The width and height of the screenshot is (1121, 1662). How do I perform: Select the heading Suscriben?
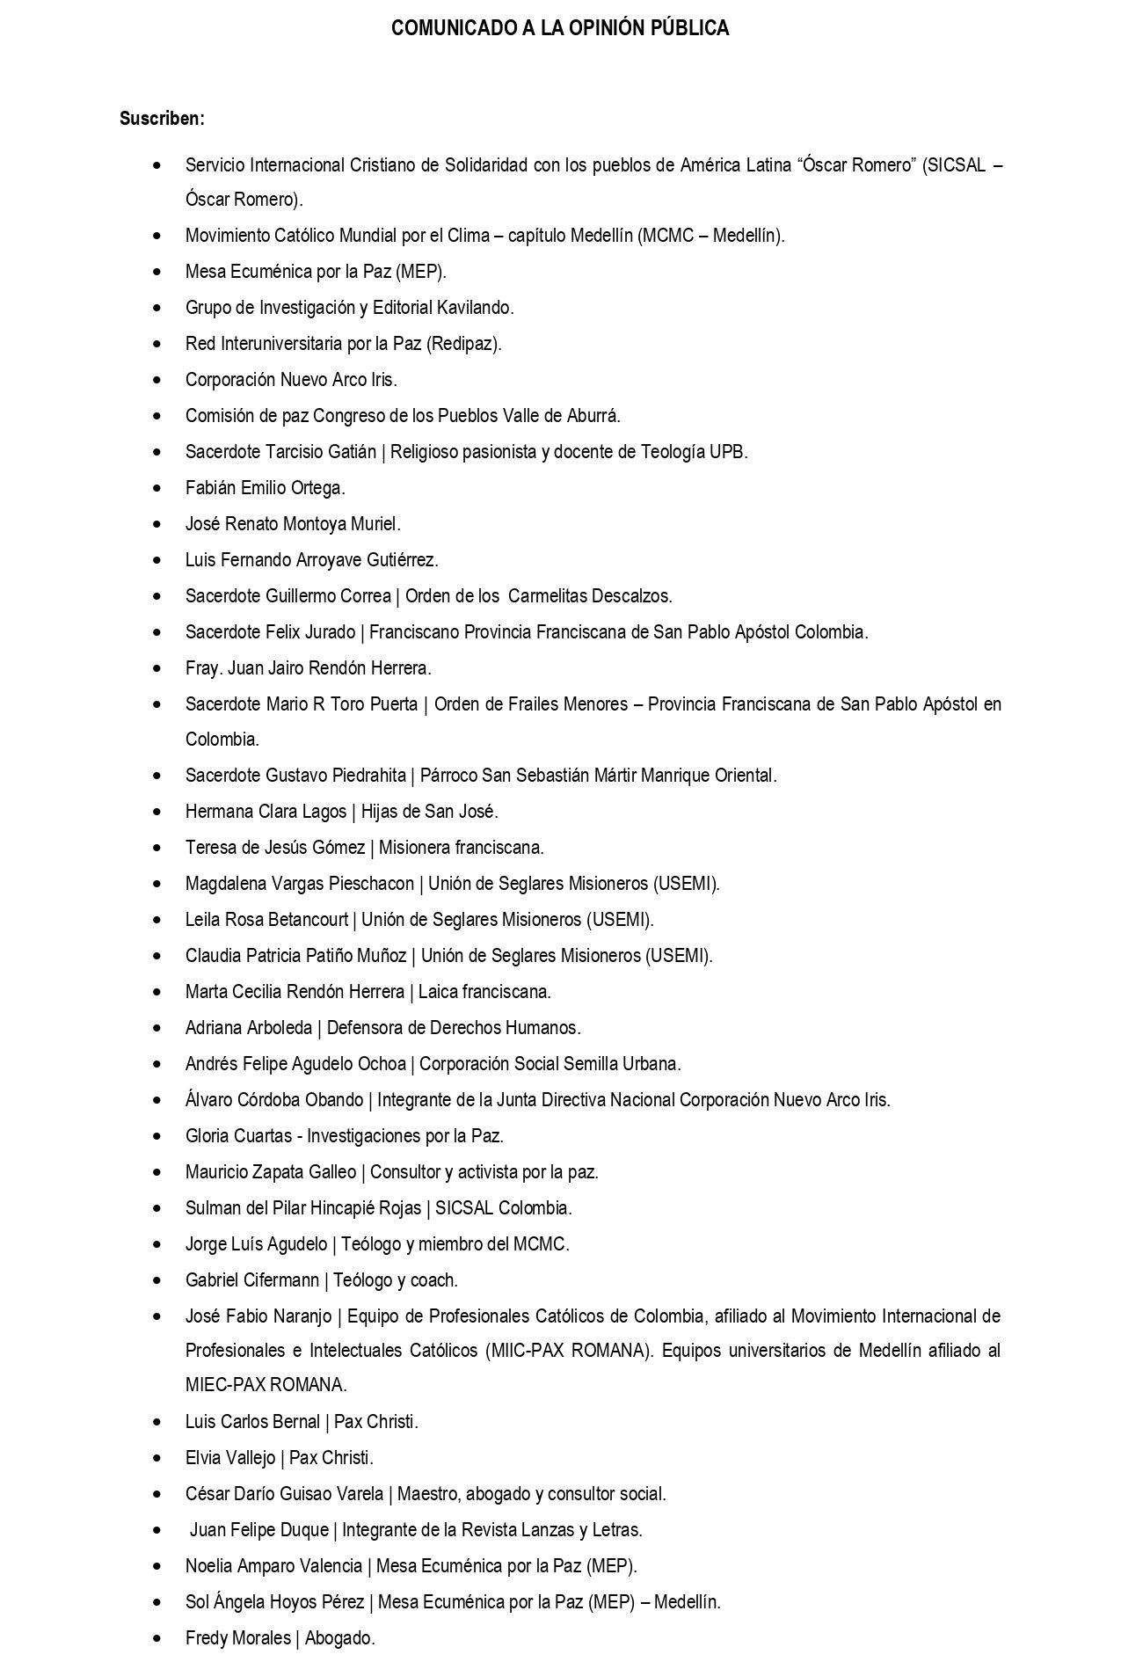tap(162, 119)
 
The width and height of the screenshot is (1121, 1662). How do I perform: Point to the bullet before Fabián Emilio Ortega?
tap(157, 487)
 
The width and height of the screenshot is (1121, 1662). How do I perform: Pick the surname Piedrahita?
tap(369, 776)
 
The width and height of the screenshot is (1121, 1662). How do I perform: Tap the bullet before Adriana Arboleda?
tap(157, 1027)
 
